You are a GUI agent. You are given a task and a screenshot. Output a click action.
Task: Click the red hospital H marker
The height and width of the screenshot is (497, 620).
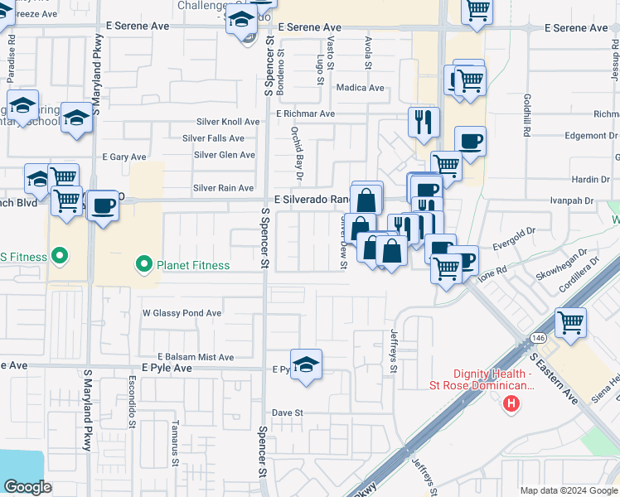512,403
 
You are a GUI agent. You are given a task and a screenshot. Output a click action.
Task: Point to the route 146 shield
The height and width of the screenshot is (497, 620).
538,338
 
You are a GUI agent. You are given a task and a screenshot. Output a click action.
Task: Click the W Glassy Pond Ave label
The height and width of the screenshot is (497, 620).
182,313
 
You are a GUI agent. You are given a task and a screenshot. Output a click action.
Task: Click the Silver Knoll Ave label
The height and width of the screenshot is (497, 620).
228,122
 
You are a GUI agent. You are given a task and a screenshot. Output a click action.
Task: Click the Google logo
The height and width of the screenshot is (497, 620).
28,487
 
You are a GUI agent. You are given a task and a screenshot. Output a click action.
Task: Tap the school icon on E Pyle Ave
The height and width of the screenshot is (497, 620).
306,365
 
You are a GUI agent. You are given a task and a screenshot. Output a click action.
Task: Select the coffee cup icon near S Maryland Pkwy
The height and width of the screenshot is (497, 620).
103,205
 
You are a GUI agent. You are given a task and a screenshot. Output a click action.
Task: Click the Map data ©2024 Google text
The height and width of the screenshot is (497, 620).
569,490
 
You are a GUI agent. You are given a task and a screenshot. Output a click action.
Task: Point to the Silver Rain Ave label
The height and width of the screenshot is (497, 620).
223,188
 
